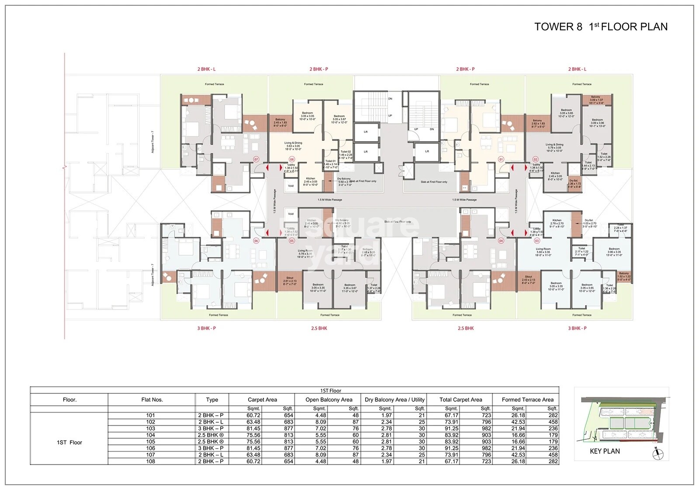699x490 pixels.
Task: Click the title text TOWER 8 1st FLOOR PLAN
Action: pyautogui.click(x=601, y=27)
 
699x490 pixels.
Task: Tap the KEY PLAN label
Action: pyautogui.click(x=605, y=451)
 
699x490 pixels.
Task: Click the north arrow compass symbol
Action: pyautogui.click(x=656, y=455)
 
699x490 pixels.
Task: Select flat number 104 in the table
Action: pyautogui.click(x=151, y=435)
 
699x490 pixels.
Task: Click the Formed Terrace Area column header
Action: pyautogui.click(x=527, y=400)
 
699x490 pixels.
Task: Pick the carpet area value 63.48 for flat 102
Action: pyautogui.click(x=253, y=422)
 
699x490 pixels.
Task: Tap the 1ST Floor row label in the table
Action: pyautogui.click(x=69, y=442)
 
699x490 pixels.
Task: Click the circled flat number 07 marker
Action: pyautogui.click(x=256, y=160)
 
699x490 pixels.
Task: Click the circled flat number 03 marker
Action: pyautogui.click(x=537, y=240)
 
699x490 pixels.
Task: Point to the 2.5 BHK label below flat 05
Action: pyautogui.click(x=319, y=328)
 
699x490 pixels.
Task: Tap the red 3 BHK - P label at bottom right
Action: pyautogui.click(x=577, y=328)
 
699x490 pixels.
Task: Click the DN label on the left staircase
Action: pyautogui.click(x=390, y=99)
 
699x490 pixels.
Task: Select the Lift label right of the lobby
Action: pyautogui.click(x=427, y=151)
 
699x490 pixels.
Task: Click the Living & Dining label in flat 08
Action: pyautogui.click(x=293, y=143)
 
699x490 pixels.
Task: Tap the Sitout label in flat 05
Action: pyautogui.click(x=290, y=278)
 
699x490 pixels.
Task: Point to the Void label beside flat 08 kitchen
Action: pyautogui.click(x=291, y=186)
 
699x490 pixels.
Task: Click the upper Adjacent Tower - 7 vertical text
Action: pyautogui.click(x=153, y=142)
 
